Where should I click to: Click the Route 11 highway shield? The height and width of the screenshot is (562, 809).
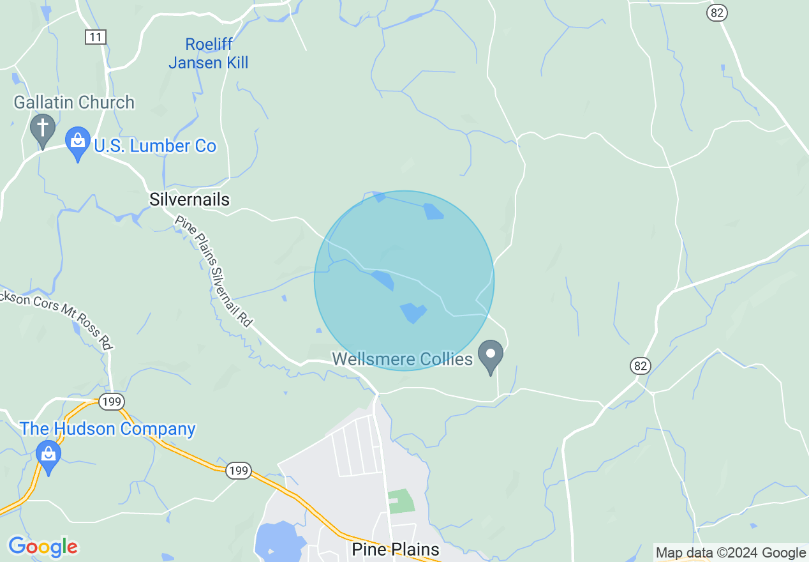pos(95,37)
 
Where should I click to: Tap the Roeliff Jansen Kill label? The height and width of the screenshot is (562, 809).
pos(209,54)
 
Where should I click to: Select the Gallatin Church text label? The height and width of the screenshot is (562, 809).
pos(74,102)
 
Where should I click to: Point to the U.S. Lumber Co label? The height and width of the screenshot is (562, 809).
pos(155,146)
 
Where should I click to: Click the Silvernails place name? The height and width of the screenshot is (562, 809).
pos(189,200)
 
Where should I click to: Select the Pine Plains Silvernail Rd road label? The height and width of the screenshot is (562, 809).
pos(214,272)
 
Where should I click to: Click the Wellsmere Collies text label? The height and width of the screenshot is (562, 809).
pos(403,359)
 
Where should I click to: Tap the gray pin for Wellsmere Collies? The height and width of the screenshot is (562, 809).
pos(491,356)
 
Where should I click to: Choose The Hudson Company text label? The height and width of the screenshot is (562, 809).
pos(108,429)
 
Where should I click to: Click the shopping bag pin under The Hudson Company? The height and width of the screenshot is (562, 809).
pos(48,455)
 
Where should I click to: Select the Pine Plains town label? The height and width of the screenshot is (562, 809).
pos(396,549)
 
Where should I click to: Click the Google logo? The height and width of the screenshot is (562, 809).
pos(43,546)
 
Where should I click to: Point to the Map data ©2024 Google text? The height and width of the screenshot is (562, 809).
pos(731,552)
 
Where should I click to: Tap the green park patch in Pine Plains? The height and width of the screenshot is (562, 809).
pos(400,501)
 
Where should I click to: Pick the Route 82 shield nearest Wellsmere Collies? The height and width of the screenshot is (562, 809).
pos(641,366)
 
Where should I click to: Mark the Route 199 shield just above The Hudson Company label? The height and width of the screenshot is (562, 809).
pos(111,402)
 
